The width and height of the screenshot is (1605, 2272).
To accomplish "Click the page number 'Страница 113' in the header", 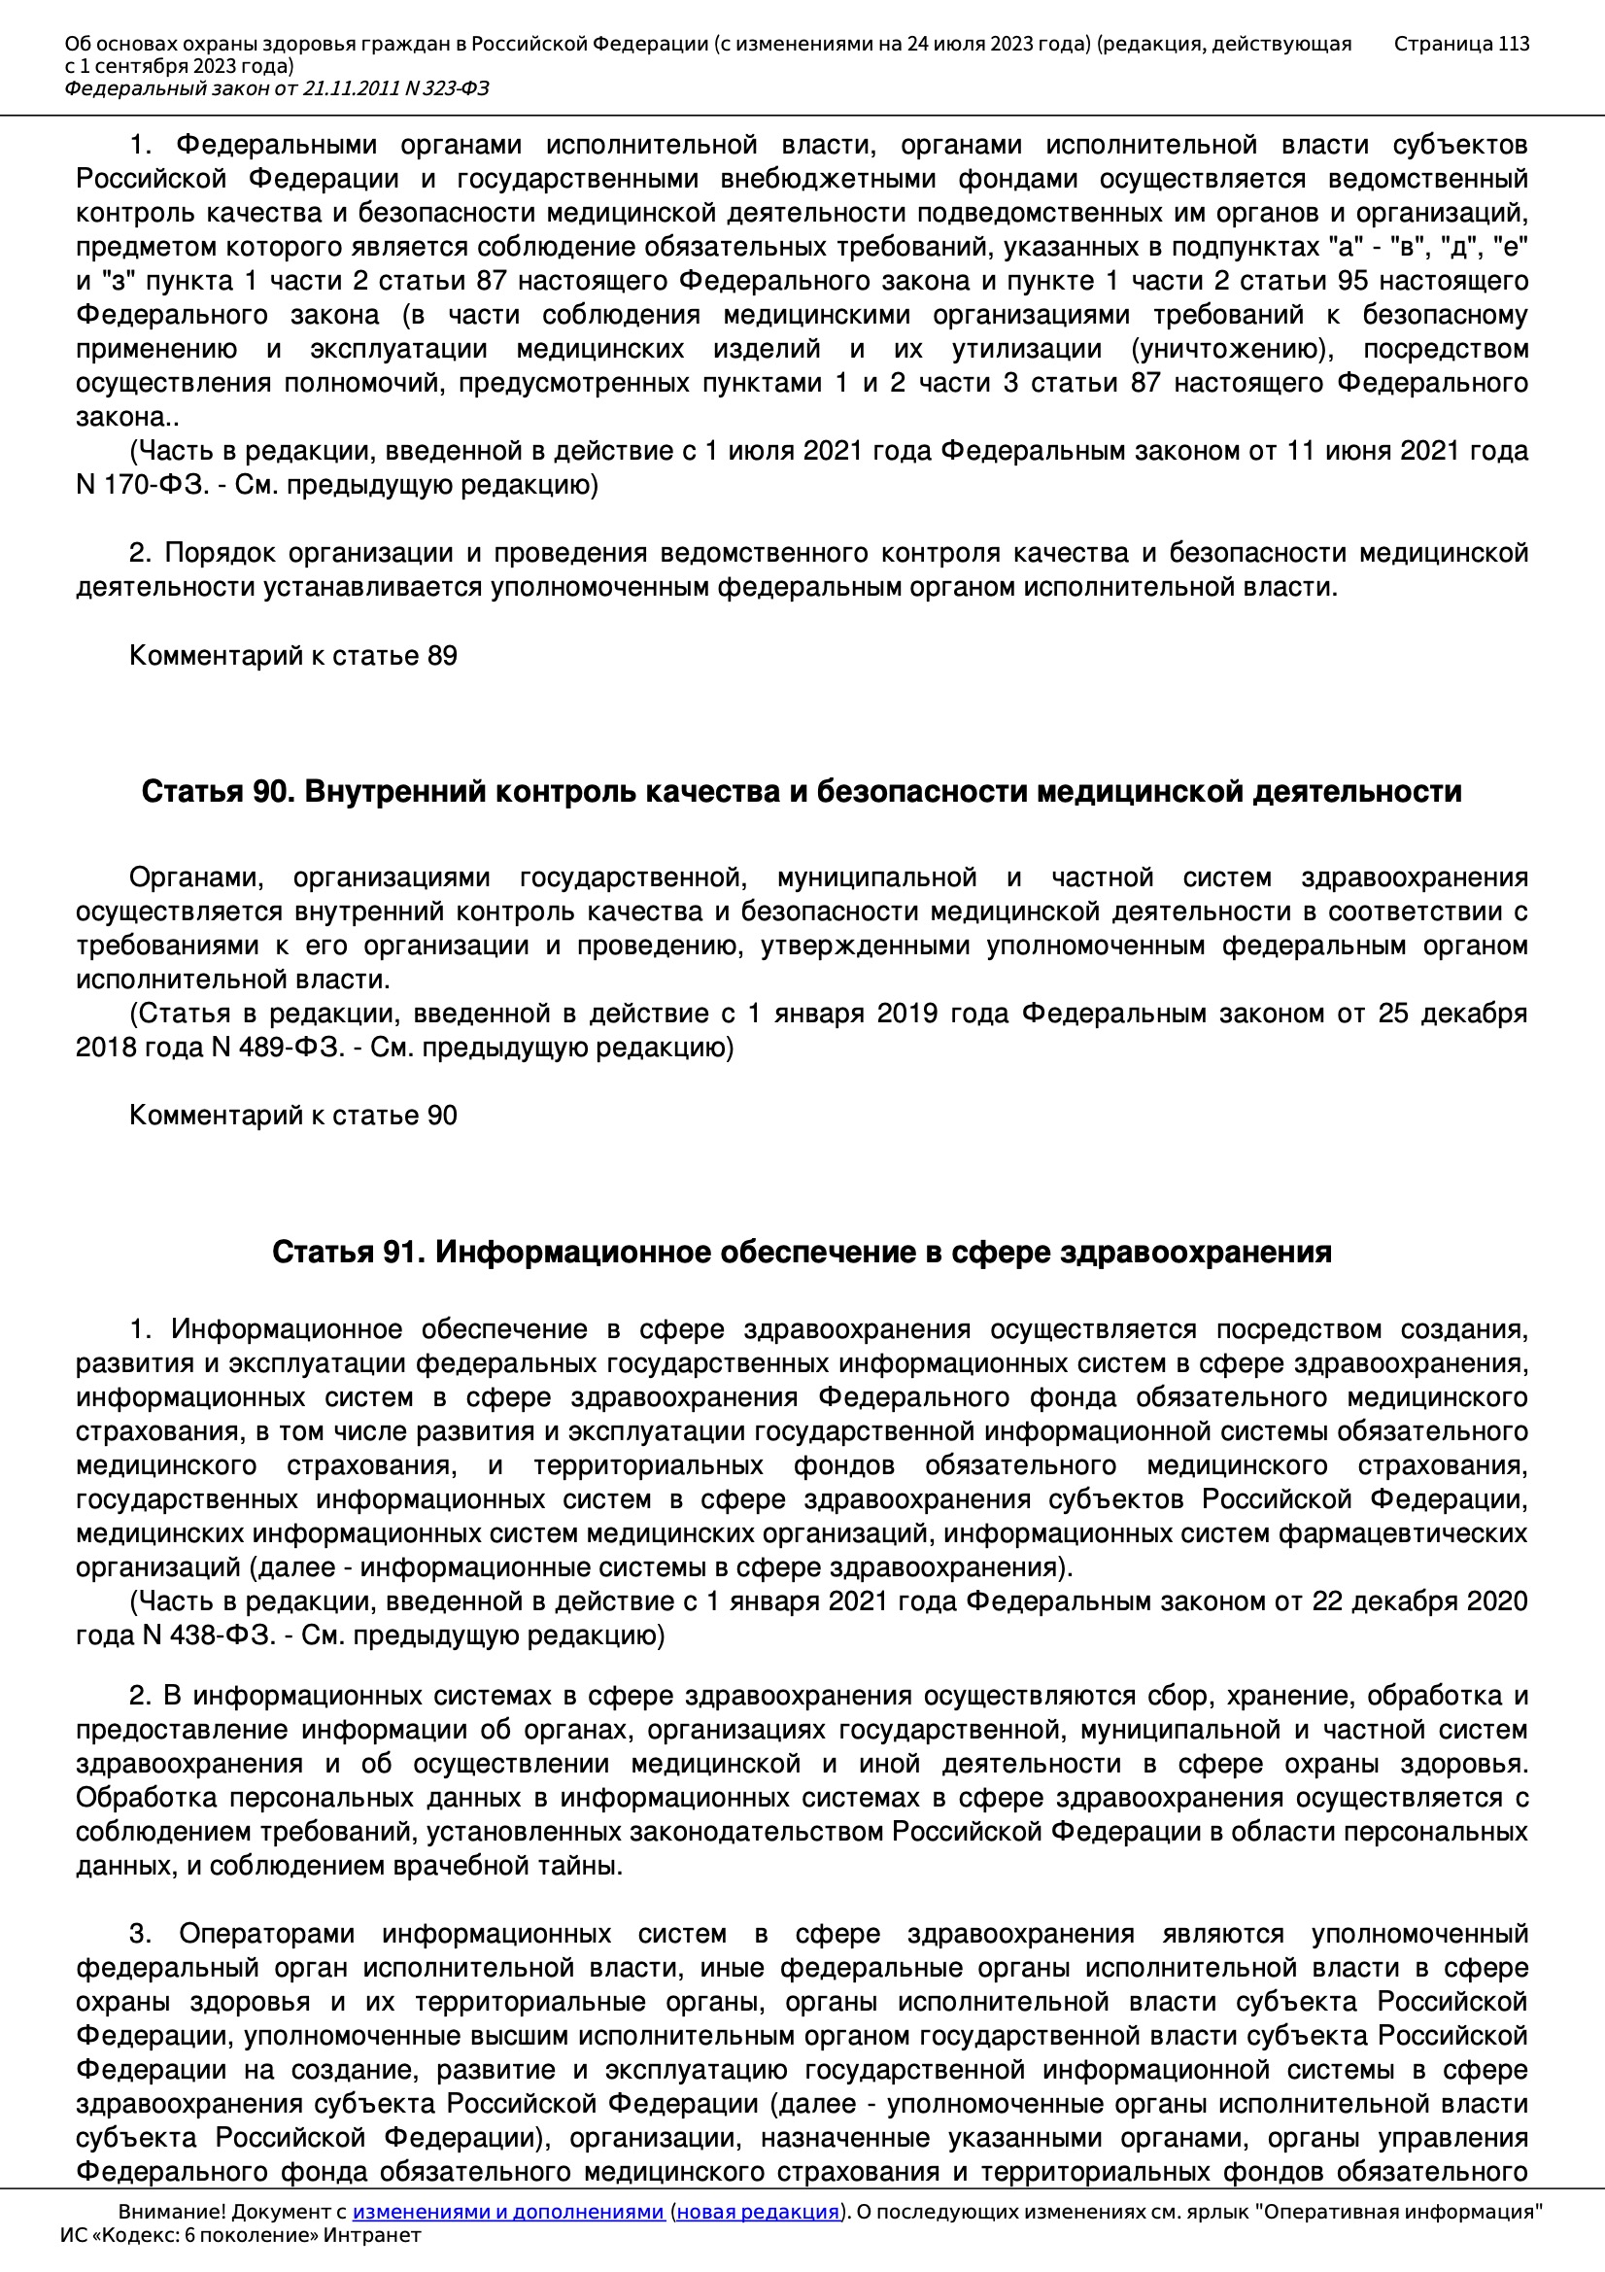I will [x=1460, y=44].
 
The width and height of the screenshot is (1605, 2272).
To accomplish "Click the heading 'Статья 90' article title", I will [x=802, y=792].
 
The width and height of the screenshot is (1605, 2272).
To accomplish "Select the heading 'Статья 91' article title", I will [x=802, y=1252].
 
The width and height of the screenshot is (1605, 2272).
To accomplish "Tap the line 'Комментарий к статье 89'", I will [x=292, y=656].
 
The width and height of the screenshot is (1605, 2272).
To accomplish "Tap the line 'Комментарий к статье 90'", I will [x=292, y=1116].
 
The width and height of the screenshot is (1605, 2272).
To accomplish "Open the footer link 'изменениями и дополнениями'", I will [x=507, y=2212].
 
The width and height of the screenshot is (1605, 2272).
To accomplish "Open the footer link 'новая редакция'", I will [x=758, y=2212].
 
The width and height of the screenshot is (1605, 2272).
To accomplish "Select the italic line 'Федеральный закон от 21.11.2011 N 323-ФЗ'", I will [x=277, y=89].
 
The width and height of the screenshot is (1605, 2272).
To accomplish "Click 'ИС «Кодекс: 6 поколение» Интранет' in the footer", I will [x=240, y=2235].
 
